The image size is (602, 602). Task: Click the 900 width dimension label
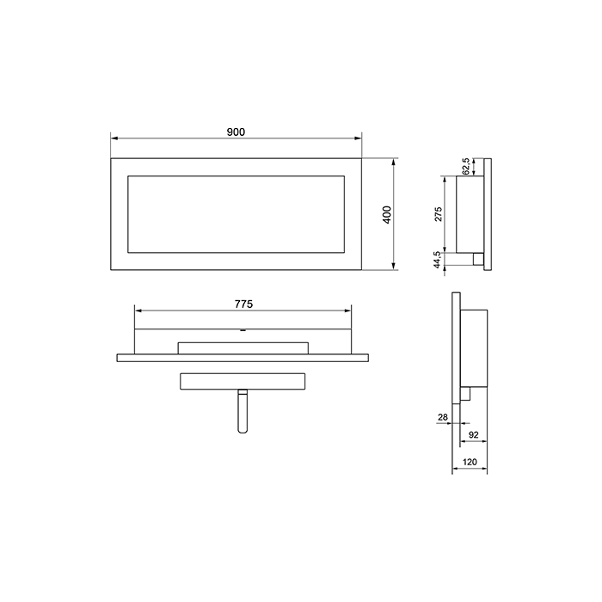coord(236,131)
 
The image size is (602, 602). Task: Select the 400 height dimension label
coord(388,215)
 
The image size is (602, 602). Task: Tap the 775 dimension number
coord(243,303)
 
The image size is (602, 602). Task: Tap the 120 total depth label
coord(470,463)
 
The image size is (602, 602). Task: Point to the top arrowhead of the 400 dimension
coord(394,163)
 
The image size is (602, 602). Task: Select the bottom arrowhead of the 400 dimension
coord(394,267)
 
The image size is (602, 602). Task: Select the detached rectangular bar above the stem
coord(243,381)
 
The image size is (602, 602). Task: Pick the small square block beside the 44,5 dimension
coord(476,258)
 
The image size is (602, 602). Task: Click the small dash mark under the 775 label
coord(243,329)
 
